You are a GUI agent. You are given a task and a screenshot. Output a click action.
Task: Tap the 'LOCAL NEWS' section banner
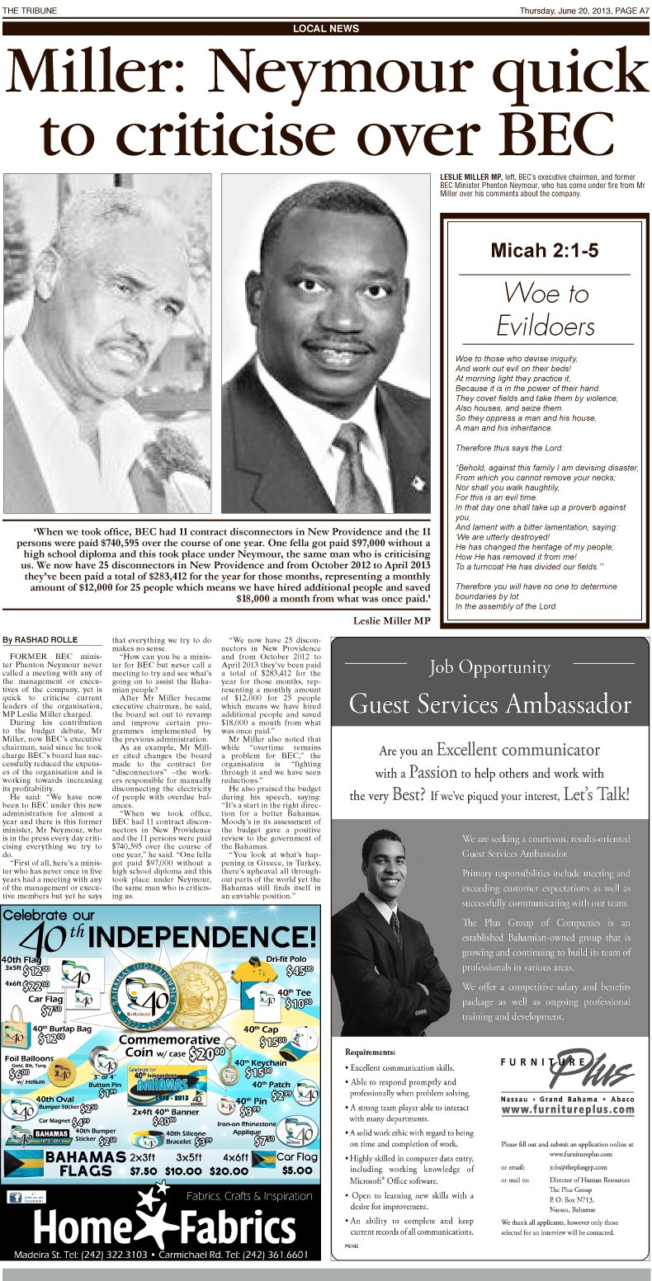coord(326,29)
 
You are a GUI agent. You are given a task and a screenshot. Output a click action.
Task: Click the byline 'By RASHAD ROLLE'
coord(40,639)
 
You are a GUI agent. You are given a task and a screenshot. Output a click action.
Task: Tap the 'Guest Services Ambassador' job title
coord(489,704)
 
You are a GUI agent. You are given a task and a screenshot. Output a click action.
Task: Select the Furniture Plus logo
coord(567,1072)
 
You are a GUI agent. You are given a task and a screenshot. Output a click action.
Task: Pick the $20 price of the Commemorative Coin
coord(206,1053)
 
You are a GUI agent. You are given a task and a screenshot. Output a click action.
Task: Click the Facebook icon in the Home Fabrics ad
coord(14,1197)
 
